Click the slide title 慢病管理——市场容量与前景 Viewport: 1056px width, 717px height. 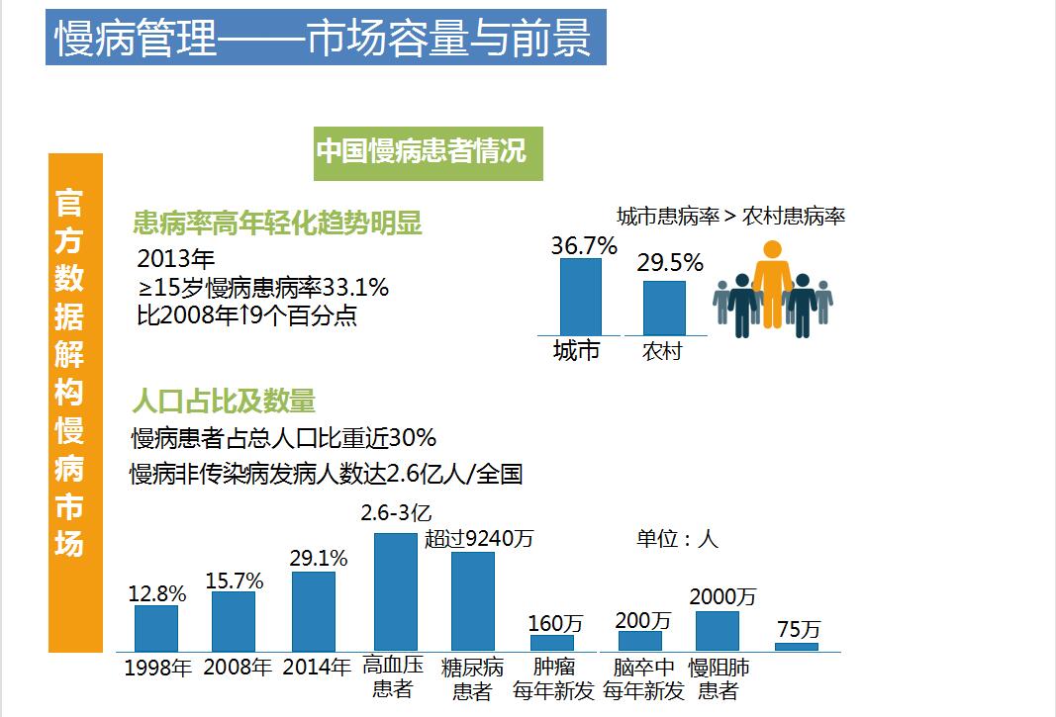point(325,39)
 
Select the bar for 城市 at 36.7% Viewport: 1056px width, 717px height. point(580,297)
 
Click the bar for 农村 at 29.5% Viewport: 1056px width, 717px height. point(663,308)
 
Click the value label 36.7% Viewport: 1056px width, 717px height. point(584,244)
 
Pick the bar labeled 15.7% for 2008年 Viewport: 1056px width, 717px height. point(234,620)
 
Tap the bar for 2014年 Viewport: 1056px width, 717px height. point(314,610)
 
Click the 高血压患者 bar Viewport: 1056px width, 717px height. point(395,591)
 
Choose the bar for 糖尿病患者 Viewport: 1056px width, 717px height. point(472,600)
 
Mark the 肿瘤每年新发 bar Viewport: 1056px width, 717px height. point(552,642)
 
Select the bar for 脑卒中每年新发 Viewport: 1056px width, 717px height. point(639,640)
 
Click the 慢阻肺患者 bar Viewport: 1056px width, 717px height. point(717,630)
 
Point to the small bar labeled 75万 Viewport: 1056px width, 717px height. point(797,646)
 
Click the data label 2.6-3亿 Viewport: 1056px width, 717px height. point(396,513)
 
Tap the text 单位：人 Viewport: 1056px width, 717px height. point(677,539)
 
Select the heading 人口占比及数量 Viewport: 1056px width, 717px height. point(224,401)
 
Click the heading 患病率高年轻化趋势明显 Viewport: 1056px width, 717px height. point(277,224)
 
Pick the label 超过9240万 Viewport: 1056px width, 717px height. point(479,539)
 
